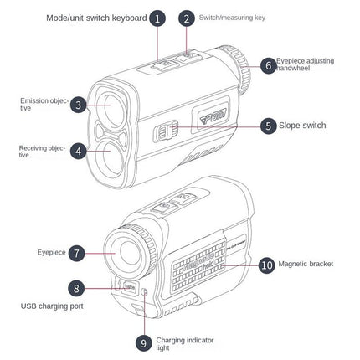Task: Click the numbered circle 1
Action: click(x=158, y=18)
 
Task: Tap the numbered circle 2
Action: click(x=187, y=18)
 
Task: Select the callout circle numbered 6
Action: click(x=267, y=65)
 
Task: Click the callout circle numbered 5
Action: click(x=267, y=126)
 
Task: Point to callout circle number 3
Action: click(x=77, y=105)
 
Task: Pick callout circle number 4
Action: click(x=77, y=151)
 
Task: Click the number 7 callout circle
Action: click(x=77, y=251)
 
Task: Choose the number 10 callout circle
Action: click(x=265, y=264)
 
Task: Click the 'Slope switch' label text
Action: click(x=303, y=126)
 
